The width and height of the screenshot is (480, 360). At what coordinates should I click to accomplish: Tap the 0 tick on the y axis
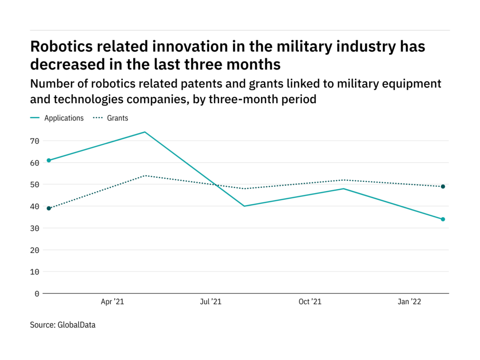click(x=37, y=293)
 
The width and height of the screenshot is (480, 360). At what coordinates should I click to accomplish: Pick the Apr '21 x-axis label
click(x=112, y=302)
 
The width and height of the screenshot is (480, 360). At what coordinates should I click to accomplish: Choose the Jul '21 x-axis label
click(x=210, y=302)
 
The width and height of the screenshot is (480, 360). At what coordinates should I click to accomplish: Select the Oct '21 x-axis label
click(x=310, y=302)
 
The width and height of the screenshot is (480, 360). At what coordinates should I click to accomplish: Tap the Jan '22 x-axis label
click(x=409, y=302)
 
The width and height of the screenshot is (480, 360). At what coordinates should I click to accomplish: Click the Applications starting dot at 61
click(x=49, y=160)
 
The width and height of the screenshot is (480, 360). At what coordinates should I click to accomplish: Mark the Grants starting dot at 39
click(x=49, y=208)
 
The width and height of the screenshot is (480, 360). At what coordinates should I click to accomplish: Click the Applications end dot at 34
click(x=443, y=219)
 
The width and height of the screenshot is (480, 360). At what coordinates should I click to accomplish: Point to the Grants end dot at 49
click(x=443, y=187)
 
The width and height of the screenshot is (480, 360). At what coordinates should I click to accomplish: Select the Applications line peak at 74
click(x=145, y=132)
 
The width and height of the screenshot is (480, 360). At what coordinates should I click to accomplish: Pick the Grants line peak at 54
click(x=145, y=175)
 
